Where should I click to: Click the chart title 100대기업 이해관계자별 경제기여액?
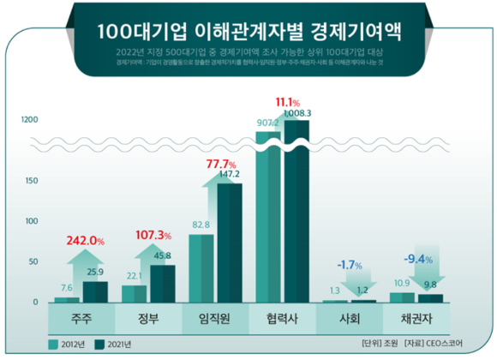pyautogui.click(x=248, y=31)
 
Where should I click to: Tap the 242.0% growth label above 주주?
pyautogui.click(x=83, y=242)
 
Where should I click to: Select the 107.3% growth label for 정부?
pyautogui.click(x=155, y=235)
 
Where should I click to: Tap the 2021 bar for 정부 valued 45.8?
pyautogui.click(x=162, y=284)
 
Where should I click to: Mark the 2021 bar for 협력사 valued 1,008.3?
pyautogui.click(x=296, y=214)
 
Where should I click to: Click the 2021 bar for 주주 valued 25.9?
pyautogui.click(x=96, y=291)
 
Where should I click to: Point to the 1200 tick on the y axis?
pyautogui.click(x=27, y=119)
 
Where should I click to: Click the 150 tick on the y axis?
pyautogui.click(x=31, y=181)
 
